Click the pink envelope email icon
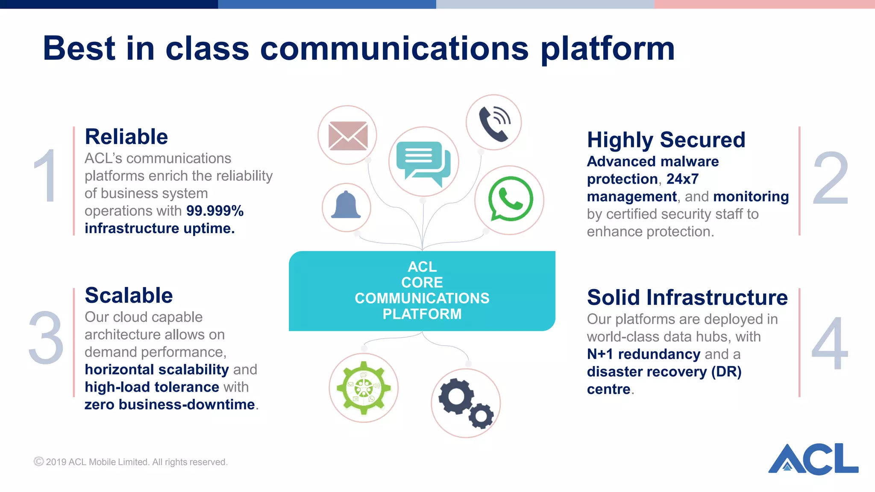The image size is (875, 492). pos(347,136)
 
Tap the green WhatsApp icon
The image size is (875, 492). pos(510,200)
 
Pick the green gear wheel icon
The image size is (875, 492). pos(364,388)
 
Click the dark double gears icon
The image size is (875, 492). pos(466,403)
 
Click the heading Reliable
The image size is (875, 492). pos(126,137)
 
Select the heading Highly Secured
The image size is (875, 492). pos(666,140)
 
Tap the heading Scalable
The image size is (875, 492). pos(129,296)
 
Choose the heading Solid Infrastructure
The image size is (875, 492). pos(687,298)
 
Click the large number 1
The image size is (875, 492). pos(46,176)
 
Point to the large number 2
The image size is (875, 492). pos(830,179)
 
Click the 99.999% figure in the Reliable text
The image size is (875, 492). pos(215,211)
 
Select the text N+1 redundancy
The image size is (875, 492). pos(643,354)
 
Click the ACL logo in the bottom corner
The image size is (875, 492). pos(813,459)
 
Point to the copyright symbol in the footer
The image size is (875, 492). pos(38,462)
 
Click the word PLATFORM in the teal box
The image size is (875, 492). pos(422,314)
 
